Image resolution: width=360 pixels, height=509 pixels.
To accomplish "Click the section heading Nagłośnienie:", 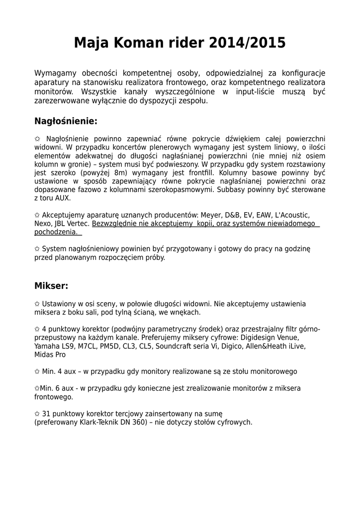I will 66,121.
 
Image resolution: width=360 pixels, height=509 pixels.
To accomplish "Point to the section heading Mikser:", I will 51,286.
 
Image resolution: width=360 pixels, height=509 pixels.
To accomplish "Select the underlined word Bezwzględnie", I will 115,224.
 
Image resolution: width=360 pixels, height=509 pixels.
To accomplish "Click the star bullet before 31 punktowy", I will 37,414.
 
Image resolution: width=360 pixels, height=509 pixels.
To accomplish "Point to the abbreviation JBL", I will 61,224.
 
